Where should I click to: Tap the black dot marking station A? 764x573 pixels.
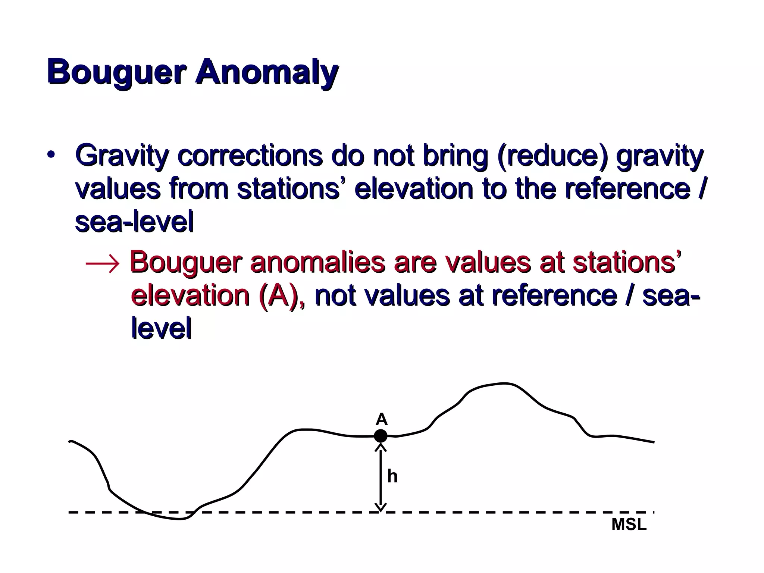[x=381, y=436]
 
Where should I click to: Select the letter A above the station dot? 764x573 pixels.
[x=381, y=420]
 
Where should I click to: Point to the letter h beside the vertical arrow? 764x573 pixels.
[x=392, y=476]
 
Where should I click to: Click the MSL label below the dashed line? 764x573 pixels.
[x=629, y=525]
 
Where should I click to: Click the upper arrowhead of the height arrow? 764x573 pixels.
[x=381, y=447]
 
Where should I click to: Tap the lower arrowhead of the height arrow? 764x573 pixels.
[x=381, y=507]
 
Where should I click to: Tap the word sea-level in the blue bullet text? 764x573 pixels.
[x=134, y=222]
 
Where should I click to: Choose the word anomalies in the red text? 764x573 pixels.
[x=317, y=262]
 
